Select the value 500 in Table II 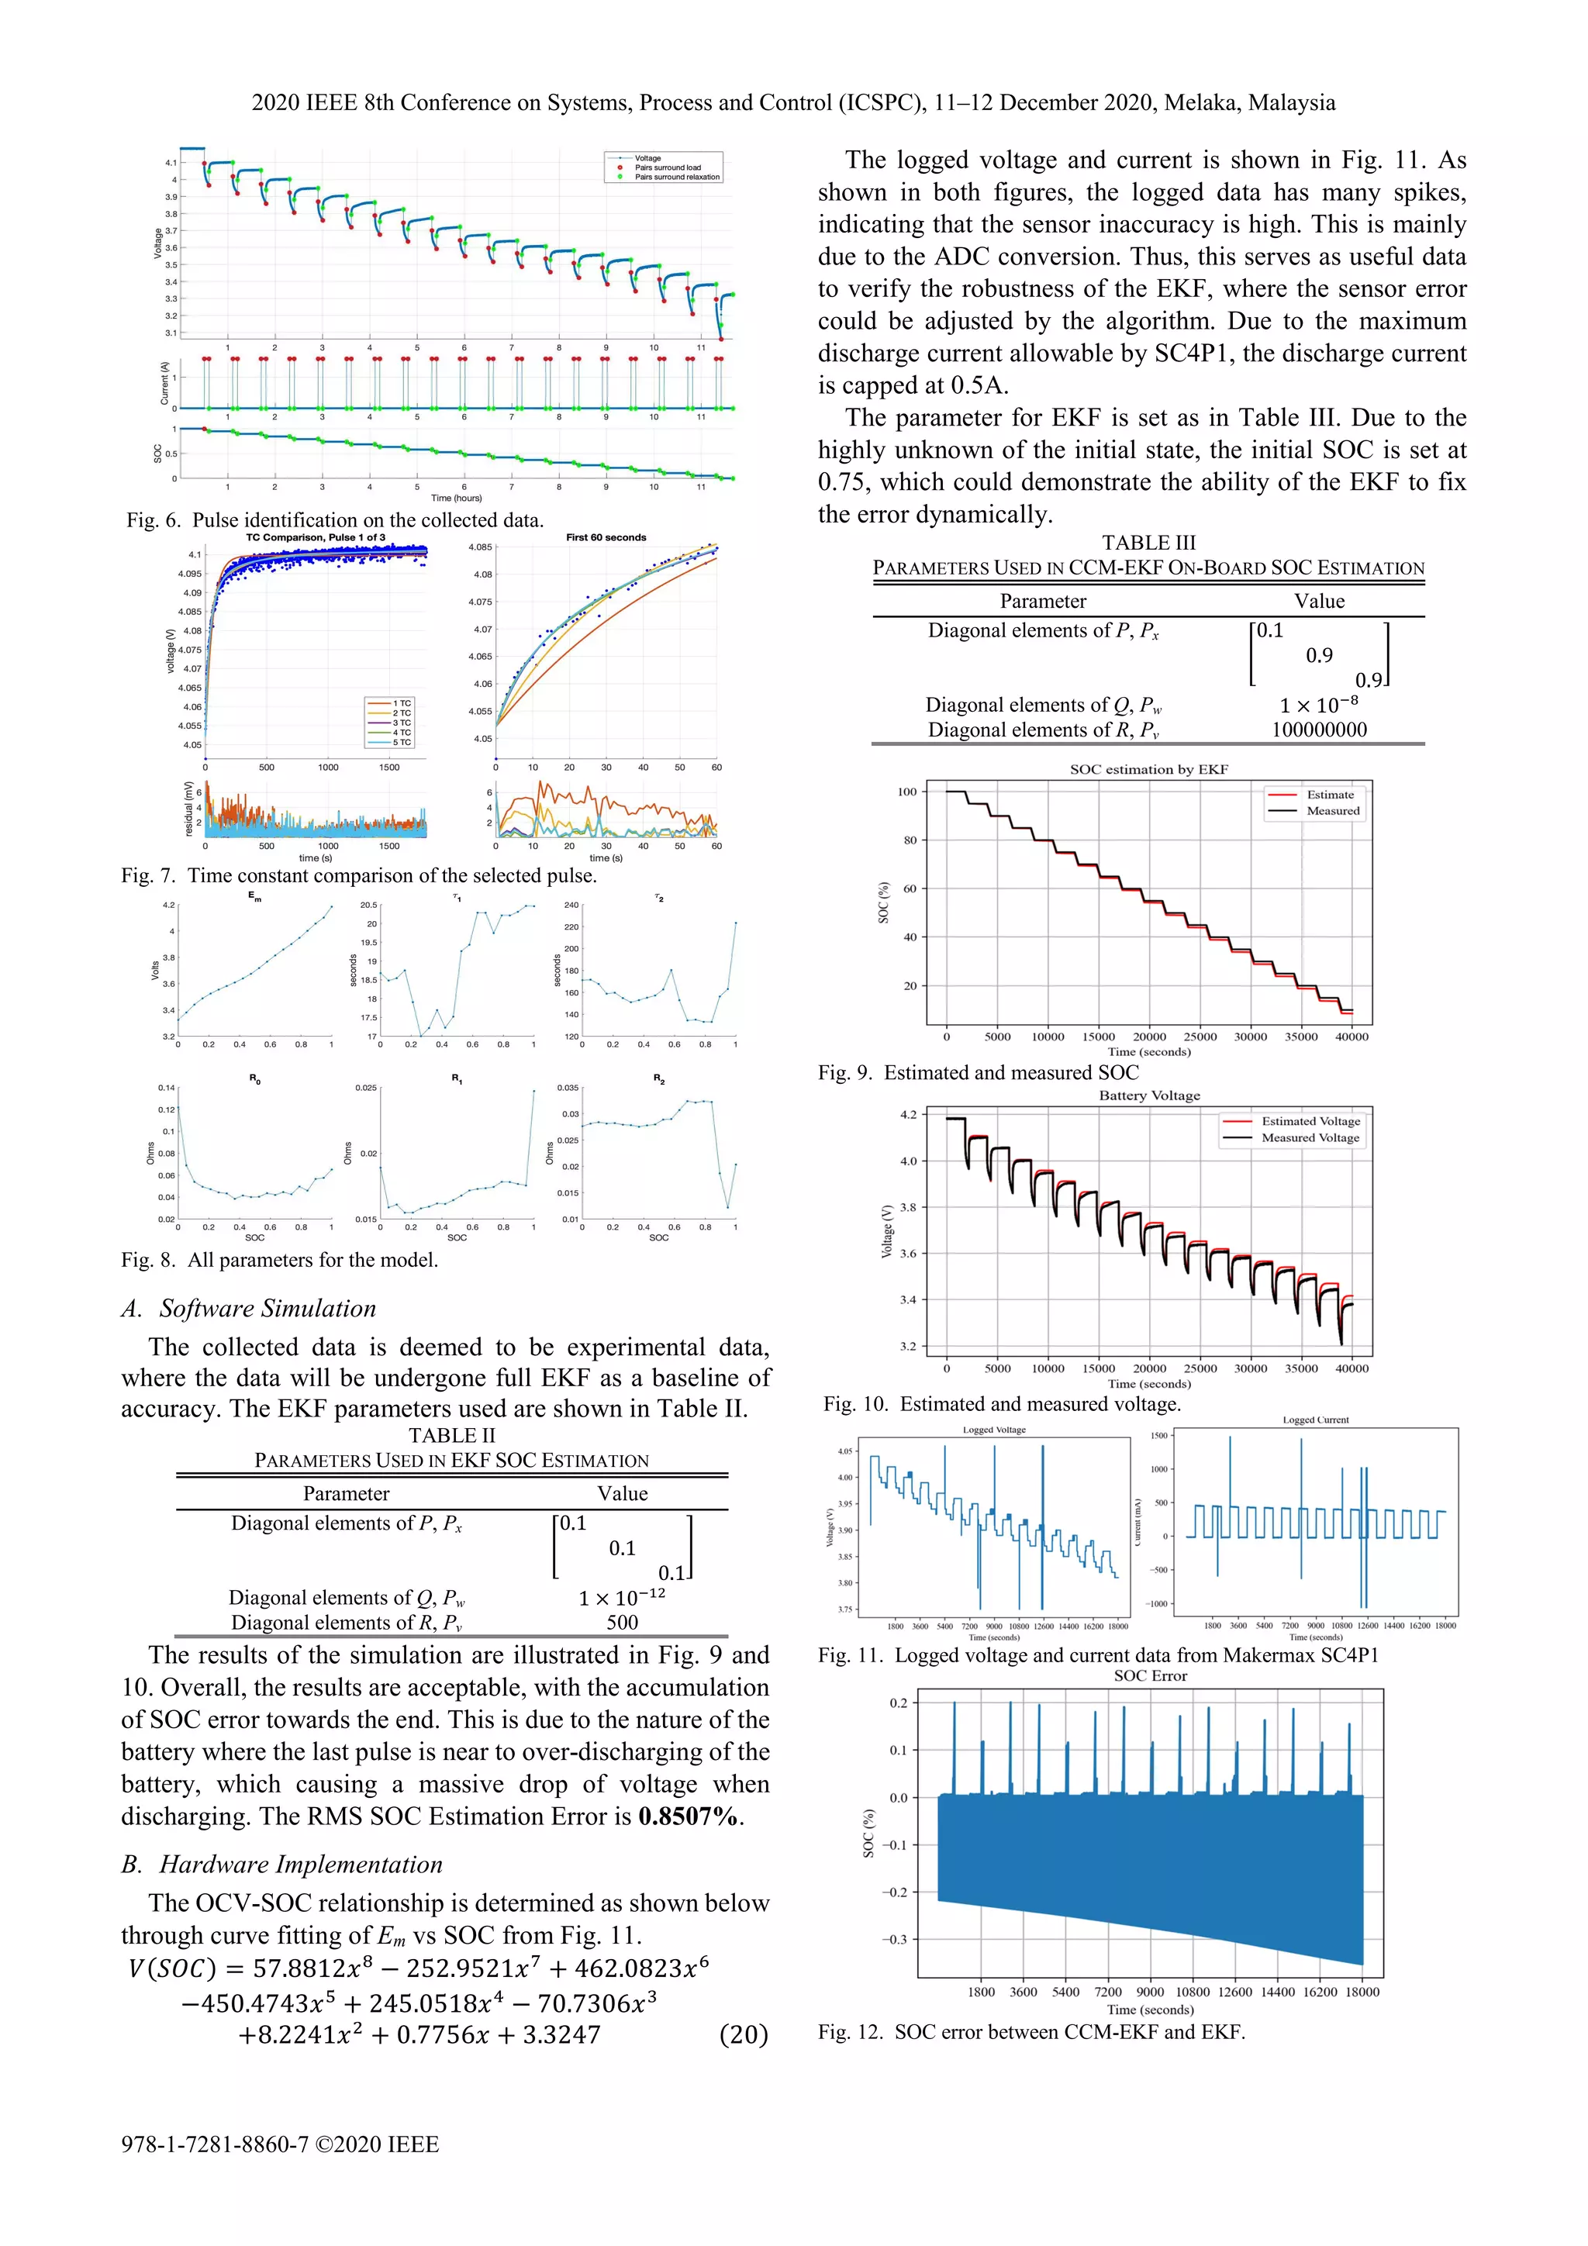pyautogui.click(x=623, y=1622)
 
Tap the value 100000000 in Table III pyautogui.click(x=1319, y=730)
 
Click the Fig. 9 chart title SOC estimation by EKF pyautogui.click(x=1148, y=769)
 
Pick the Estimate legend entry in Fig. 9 pyautogui.click(x=1330, y=795)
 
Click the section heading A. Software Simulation pyautogui.click(x=249, y=1309)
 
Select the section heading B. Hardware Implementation pyautogui.click(x=281, y=1865)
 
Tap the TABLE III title pyautogui.click(x=1148, y=543)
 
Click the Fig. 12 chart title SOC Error pyautogui.click(x=1150, y=1675)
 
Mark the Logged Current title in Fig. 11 pyautogui.click(x=1315, y=1420)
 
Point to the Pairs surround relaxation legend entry pyautogui.click(x=676, y=177)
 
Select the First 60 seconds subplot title pyautogui.click(x=606, y=537)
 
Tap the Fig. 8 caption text pyautogui.click(x=280, y=1260)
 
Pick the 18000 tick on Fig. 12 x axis pyautogui.click(x=1362, y=1992)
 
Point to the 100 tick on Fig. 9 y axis pyautogui.click(x=907, y=792)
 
